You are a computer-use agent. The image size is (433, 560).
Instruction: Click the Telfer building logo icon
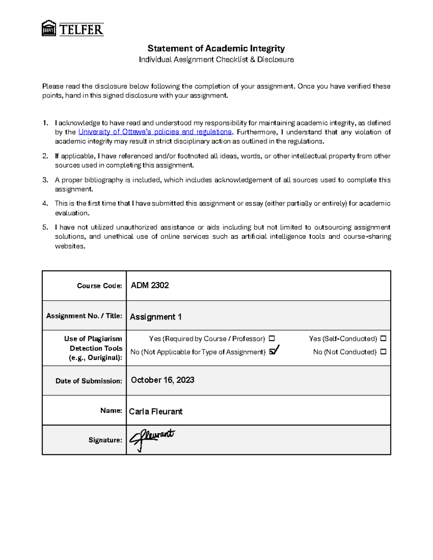49,28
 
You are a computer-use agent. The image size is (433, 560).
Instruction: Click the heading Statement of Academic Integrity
216,48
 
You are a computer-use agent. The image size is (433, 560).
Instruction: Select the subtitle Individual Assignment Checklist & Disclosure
216,59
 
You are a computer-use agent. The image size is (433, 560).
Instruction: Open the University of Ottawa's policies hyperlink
155,132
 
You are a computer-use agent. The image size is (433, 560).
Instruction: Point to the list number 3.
45,180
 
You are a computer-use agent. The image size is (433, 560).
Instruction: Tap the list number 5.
45,227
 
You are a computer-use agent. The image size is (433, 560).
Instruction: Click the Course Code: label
99,286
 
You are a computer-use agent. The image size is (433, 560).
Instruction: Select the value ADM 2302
150,286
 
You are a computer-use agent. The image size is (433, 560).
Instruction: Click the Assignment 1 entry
156,317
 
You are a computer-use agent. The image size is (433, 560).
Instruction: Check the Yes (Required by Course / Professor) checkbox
272,339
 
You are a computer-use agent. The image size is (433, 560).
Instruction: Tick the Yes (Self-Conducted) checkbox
383,339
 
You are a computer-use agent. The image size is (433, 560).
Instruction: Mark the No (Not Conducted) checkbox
383,352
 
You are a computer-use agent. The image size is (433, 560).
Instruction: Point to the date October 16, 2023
162,380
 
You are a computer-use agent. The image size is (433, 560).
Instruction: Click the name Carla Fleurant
156,411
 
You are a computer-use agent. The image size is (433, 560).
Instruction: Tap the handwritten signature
152,438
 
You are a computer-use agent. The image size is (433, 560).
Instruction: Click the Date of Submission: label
89,381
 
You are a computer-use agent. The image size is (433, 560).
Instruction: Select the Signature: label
105,440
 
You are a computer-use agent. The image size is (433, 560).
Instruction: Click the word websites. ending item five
70,246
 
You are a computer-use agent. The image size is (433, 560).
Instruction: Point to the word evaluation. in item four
72,213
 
